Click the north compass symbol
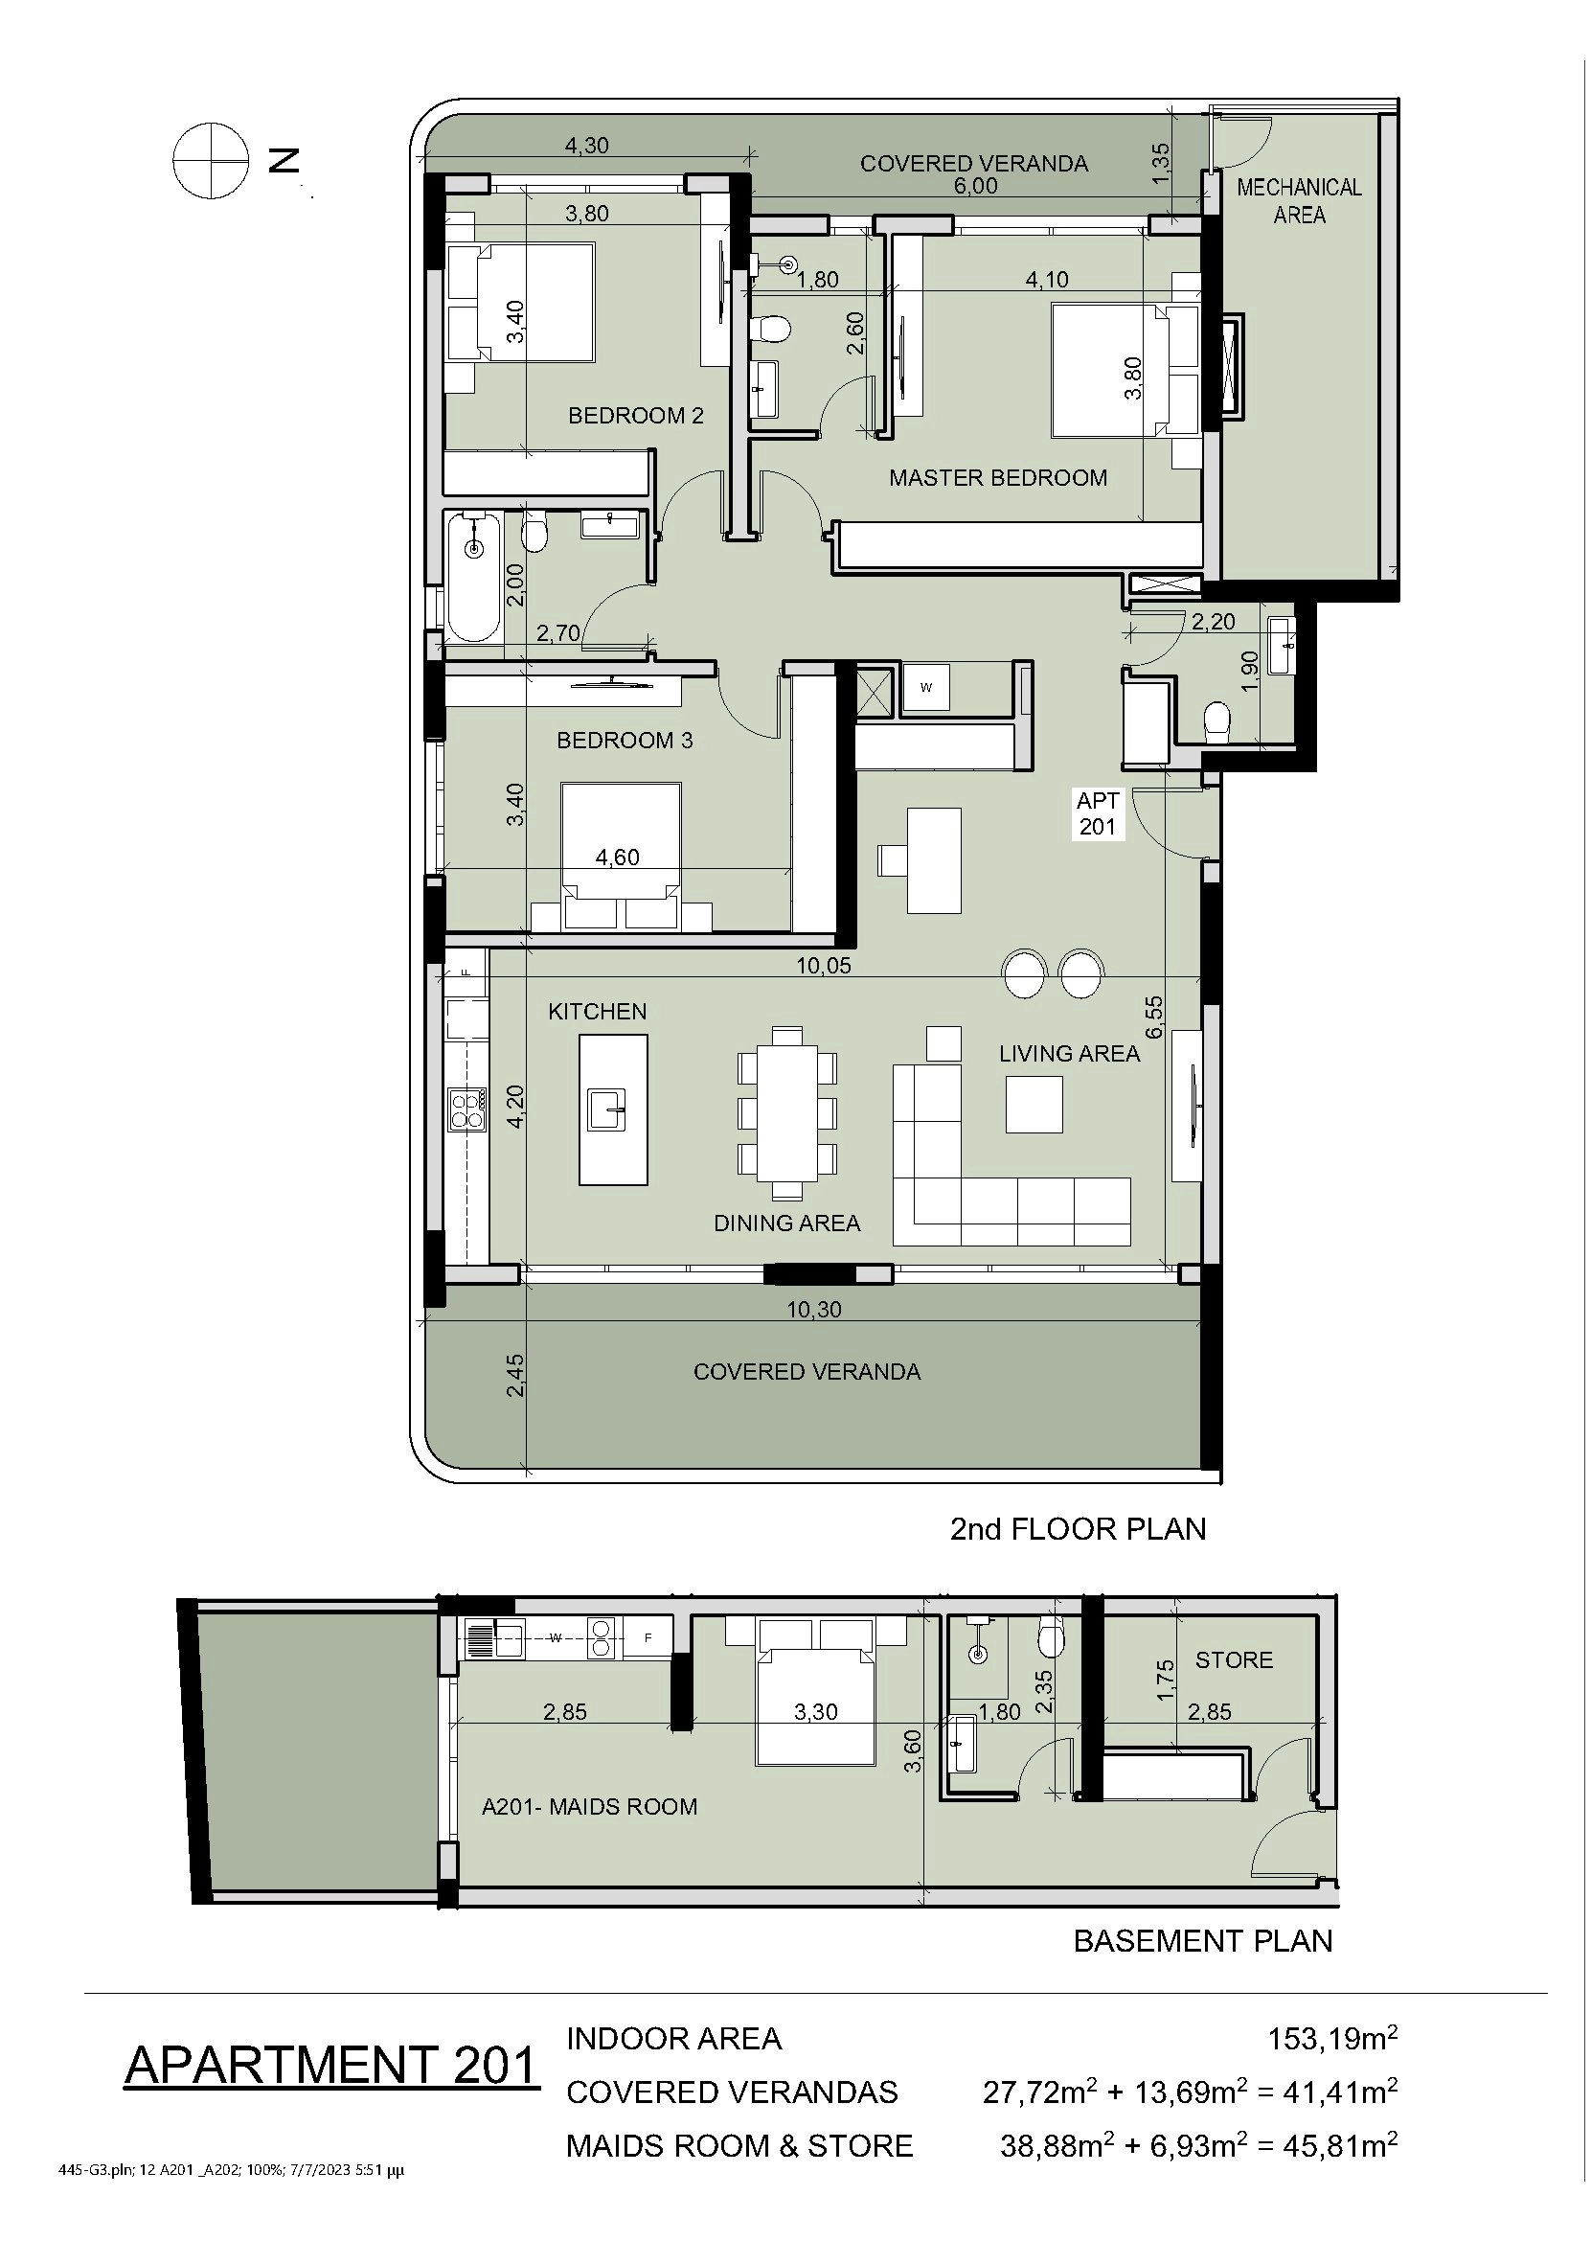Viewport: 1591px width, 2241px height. (211, 160)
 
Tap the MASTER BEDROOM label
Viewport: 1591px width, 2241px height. (997, 477)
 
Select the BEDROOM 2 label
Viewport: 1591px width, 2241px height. (636, 416)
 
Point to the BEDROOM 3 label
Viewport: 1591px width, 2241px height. (625, 740)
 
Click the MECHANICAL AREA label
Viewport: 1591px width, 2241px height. (1299, 201)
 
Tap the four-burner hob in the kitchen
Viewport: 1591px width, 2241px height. (466, 1109)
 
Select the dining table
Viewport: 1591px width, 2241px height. (787, 1111)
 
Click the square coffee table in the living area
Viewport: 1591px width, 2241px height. (1034, 1105)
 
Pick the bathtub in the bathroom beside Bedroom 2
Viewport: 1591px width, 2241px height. (474, 577)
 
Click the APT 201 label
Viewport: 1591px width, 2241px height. (1098, 813)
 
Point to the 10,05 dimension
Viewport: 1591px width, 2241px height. (823, 965)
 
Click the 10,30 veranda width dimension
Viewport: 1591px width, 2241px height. (814, 1309)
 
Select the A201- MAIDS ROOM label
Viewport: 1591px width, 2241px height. (589, 1806)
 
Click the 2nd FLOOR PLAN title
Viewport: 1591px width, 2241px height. (1078, 1528)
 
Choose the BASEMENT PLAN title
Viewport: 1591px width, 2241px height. (1203, 1940)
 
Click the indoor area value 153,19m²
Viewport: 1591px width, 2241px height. (1332, 2037)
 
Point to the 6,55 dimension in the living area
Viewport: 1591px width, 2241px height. (1154, 1018)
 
